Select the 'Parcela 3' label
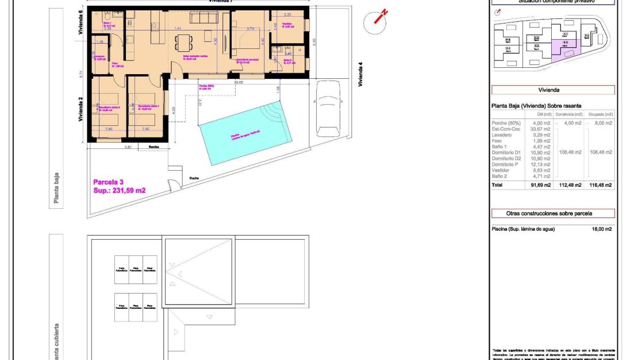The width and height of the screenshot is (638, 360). point(109,182)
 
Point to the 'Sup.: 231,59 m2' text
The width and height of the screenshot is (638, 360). point(119,190)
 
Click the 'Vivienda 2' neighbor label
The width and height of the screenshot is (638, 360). point(81,109)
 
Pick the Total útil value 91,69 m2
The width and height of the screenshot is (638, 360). point(540,185)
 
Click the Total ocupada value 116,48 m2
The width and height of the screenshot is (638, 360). point(601,185)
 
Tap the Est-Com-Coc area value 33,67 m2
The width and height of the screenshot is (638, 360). point(541,129)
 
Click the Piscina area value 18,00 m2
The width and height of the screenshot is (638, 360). point(601,228)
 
